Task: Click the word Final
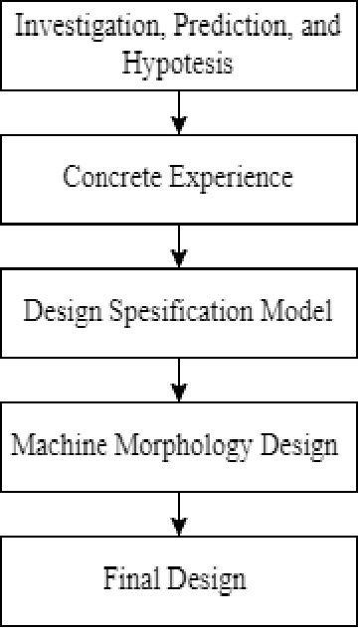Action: [135, 577]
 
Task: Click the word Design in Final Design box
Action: [210, 577]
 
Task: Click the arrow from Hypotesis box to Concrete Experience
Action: [179, 111]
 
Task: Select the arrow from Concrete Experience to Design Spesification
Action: [179, 244]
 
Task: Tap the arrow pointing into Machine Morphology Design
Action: [179, 379]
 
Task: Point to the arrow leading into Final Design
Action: [179, 513]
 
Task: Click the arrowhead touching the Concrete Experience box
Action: [179, 126]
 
